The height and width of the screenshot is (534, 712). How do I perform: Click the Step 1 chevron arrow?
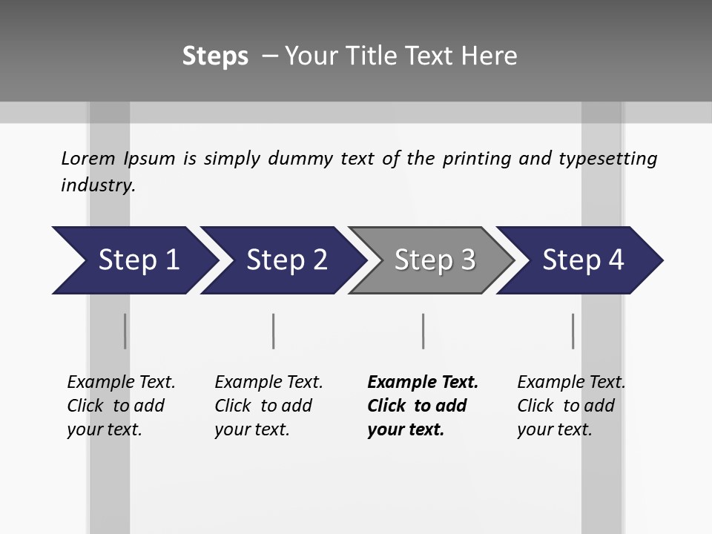point(133,260)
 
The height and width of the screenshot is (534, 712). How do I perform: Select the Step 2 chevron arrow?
point(282,260)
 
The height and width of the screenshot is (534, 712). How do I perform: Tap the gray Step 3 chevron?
point(430,260)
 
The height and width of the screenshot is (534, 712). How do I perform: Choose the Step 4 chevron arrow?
point(578,260)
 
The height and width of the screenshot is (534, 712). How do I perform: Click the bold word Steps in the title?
point(215,56)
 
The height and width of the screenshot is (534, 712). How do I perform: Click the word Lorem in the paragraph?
point(88,158)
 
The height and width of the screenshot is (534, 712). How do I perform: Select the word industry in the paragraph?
point(97,185)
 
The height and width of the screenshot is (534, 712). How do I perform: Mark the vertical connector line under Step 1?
point(125,331)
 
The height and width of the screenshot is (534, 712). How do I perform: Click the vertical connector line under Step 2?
point(274,331)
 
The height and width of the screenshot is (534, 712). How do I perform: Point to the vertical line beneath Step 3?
point(423,331)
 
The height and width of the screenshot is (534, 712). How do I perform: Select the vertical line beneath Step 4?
point(573,331)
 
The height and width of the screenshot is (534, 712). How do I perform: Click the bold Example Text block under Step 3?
point(422,406)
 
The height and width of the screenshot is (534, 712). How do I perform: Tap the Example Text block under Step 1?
point(121,406)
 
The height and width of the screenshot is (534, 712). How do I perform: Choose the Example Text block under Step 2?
point(268,406)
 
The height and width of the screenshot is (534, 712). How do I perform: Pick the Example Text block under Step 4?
point(571,406)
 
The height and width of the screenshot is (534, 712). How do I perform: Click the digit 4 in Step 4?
point(616,260)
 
